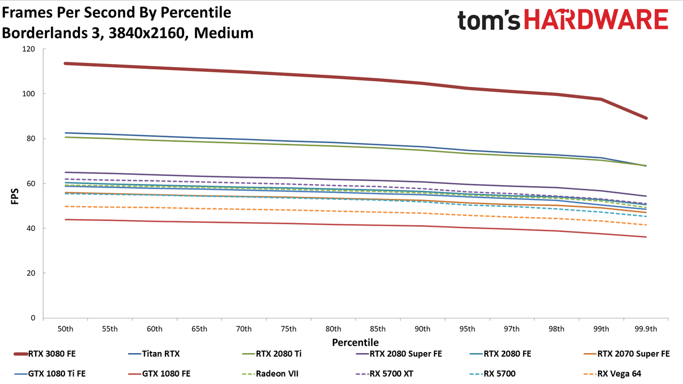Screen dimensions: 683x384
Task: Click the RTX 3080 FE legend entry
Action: click(x=45, y=354)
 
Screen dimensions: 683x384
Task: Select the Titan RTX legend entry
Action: click(x=154, y=354)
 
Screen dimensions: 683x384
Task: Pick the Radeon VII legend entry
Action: click(x=270, y=374)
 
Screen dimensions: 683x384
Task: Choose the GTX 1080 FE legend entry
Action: click(x=159, y=374)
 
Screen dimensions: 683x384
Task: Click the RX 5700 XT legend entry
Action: click(x=385, y=374)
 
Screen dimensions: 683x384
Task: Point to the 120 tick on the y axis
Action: click(x=28, y=49)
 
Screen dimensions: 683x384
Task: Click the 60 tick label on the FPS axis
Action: click(x=30, y=183)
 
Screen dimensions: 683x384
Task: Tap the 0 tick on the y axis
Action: click(x=33, y=318)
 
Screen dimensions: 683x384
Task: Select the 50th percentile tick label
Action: click(x=65, y=329)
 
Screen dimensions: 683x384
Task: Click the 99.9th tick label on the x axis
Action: click(x=646, y=329)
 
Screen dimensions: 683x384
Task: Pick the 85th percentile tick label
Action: click(x=378, y=329)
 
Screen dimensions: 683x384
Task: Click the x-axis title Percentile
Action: click(x=355, y=342)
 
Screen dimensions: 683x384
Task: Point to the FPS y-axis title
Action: click(x=14, y=196)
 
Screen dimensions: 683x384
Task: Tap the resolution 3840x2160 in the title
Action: click(x=147, y=33)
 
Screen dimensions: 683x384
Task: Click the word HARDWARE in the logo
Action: click(x=597, y=19)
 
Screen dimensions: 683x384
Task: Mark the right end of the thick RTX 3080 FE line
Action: click(x=646, y=118)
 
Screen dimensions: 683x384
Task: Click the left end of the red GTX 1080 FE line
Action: click(x=65, y=219)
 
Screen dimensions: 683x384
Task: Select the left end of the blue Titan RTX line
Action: click(x=65, y=133)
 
